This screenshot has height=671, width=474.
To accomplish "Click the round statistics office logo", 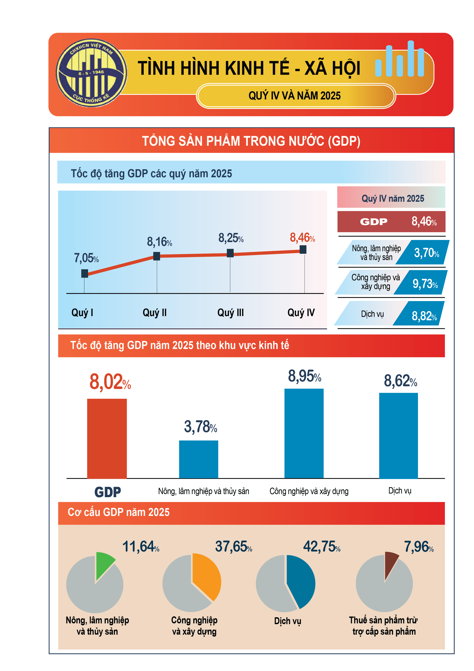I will [x=91, y=73].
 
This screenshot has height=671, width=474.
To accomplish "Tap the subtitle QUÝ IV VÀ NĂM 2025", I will [x=294, y=96].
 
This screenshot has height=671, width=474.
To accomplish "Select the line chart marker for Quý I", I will [x=84, y=273].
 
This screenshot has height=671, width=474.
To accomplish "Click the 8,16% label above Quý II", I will [x=159, y=242].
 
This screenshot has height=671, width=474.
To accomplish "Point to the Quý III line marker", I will [x=230, y=253].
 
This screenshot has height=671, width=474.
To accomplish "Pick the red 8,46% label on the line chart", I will [x=302, y=238].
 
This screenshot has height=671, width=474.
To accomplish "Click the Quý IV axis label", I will [x=301, y=313].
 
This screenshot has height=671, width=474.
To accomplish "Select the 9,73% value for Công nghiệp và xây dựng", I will [x=425, y=283].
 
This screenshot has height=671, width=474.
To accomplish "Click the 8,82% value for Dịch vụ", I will [x=424, y=316].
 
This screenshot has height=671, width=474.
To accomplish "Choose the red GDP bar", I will [x=107, y=438].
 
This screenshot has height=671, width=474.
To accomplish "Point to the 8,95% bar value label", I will [x=304, y=376].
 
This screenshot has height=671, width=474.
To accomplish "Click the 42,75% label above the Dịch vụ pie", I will [x=321, y=547].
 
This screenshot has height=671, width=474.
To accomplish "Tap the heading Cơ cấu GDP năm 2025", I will [x=119, y=512].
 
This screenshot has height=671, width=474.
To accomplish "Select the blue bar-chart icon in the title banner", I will [x=399, y=60].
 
